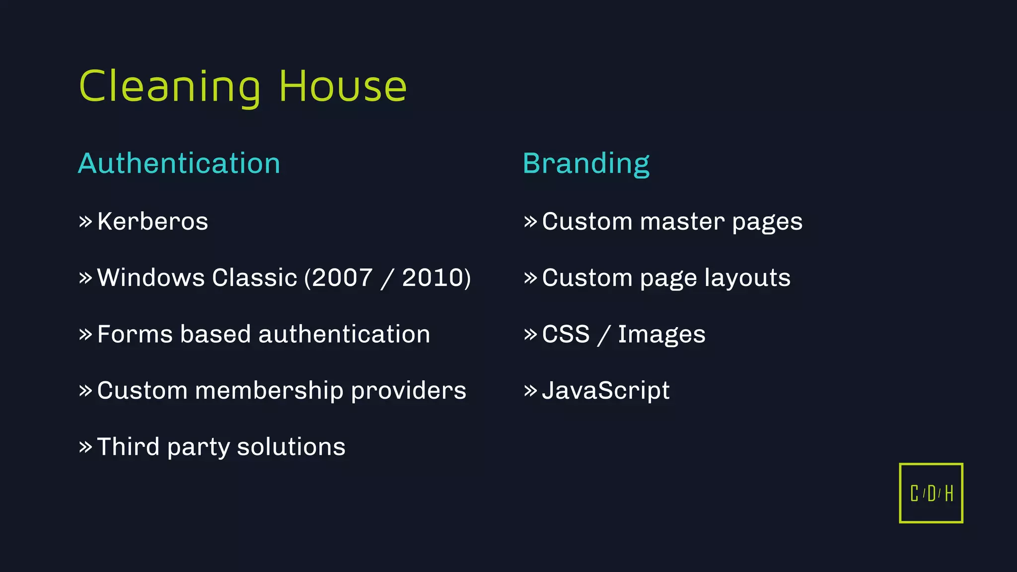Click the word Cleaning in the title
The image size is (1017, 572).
pos(169,87)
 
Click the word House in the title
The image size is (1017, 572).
pos(343,87)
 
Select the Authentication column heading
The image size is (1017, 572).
pos(179,163)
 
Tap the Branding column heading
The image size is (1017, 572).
pos(586,163)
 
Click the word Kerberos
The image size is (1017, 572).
pos(152,221)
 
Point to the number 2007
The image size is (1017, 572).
pos(342,278)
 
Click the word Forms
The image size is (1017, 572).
pos(134,334)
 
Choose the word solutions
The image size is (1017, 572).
pos(291,447)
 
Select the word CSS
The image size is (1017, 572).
pos(566,334)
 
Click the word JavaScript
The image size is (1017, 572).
pos(606,391)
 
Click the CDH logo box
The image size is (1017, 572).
pos(931,493)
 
